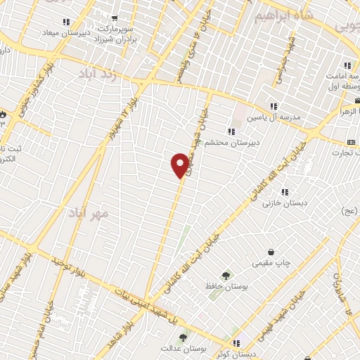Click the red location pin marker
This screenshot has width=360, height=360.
[181, 165]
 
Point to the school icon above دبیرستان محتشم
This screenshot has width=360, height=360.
[231, 132]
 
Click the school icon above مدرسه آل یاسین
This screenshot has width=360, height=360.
[273, 106]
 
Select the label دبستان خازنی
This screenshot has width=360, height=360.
[277, 204]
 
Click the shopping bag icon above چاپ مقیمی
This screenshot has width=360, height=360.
[271, 252]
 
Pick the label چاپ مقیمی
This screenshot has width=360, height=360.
[270, 264]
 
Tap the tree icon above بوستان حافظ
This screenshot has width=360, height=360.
[226, 276]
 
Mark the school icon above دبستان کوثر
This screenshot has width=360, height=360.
[236, 344]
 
